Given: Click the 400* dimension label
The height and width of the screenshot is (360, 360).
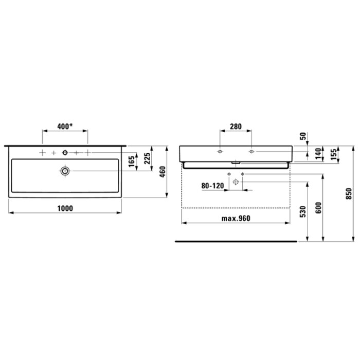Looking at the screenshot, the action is pyautogui.click(x=65, y=127).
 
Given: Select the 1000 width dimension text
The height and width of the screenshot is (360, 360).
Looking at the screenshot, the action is pyautogui.click(x=65, y=208).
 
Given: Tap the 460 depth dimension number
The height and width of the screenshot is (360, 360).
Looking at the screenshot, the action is pyautogui.click(x=163, y=172).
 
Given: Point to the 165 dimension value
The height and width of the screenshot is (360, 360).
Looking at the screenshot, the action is pyautogui.click(x=131, y=161).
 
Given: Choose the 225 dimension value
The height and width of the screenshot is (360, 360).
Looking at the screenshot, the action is pyautogui.click(x=147, y=158).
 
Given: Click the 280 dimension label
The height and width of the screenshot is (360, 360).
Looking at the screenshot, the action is pyautogui.click(x=236, y=127).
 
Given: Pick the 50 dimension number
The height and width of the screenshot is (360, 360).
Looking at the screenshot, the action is pyautogui.click(x=303, y=136).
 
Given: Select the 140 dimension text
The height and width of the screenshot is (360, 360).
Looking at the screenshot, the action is pyautogui.click(x=318, y=154).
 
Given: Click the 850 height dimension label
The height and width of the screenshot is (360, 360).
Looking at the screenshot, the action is pyautogui.click(x=349, y=193).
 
